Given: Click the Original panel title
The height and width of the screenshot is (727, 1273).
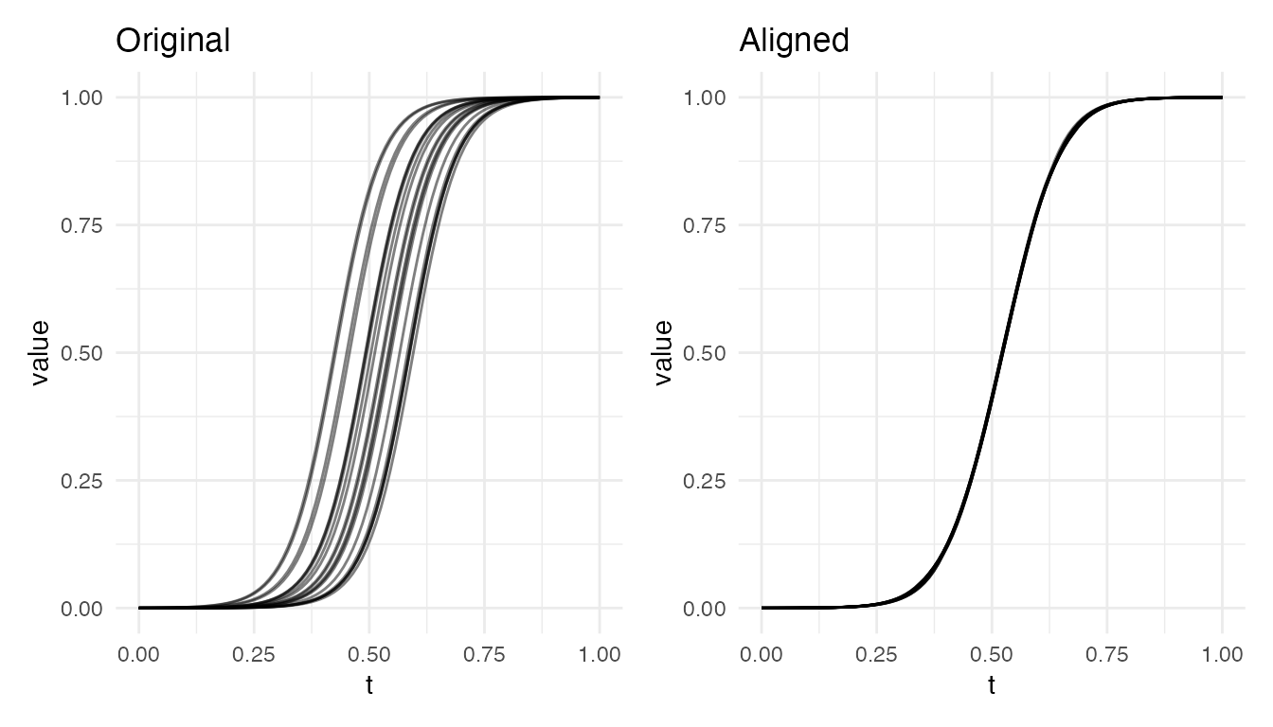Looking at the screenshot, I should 172,41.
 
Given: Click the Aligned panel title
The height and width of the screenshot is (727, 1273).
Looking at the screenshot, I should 794,41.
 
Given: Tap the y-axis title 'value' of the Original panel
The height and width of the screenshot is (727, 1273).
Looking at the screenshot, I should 40,352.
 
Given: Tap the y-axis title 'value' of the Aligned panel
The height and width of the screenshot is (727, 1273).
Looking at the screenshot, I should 663,352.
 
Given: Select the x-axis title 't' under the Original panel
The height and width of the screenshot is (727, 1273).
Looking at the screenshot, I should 369,685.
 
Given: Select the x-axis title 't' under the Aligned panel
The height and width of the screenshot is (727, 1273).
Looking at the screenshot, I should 992,685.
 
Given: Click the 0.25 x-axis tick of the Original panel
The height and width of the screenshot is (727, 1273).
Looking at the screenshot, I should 254,654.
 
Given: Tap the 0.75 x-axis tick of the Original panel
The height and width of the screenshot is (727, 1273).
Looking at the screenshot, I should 484,654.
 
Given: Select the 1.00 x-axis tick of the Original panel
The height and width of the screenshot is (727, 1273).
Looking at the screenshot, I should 600,654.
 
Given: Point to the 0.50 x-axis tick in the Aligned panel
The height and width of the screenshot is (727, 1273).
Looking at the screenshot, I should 992,654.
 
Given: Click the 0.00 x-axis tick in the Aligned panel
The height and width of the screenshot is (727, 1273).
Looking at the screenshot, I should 762,654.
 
